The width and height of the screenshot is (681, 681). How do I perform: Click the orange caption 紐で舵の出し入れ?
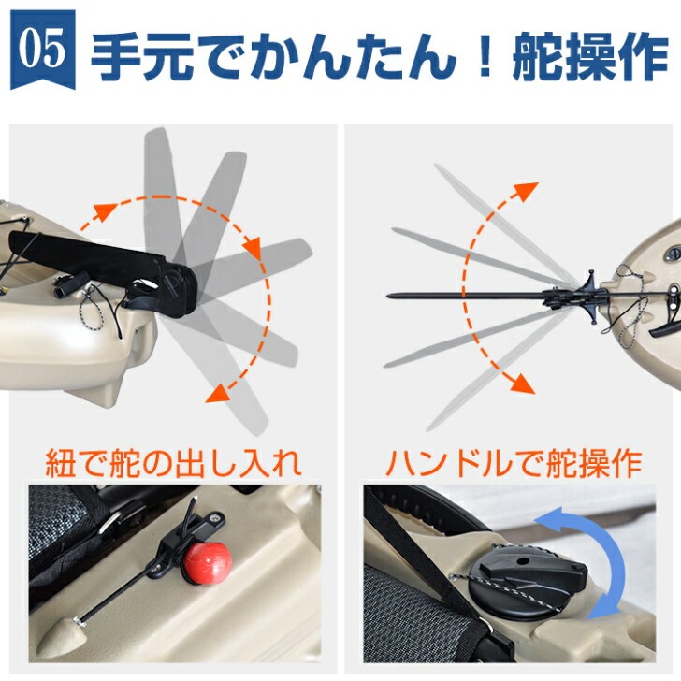[174, 462]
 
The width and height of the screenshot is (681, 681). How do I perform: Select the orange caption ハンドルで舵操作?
[514, 462]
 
